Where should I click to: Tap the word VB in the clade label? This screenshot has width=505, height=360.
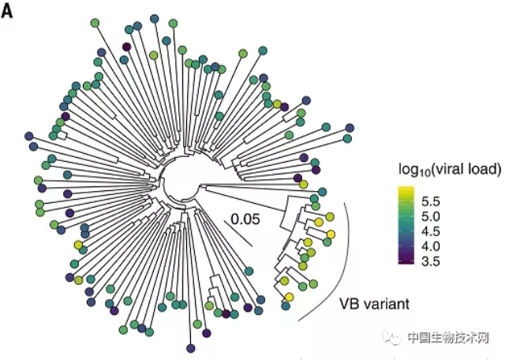coord(350,303)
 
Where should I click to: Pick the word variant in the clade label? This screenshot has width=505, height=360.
coord(387,303)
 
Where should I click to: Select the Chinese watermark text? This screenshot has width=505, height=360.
coord(449,337)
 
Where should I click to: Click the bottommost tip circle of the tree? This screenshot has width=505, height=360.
coord(191,347)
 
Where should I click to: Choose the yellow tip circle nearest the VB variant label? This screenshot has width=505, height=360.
coord(289,297)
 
